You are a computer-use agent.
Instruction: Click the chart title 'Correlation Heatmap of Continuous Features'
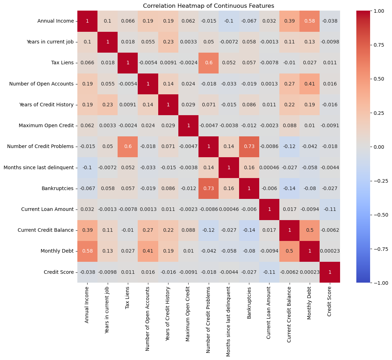pyautogui.click(x=208, y=6)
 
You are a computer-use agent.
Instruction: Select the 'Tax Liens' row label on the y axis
pyautogui.click(x=64, y=63)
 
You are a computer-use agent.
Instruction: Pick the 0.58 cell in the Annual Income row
pyautogui.click(x=310, y=21)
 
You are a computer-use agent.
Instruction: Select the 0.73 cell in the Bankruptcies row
pyautogui.click(x=209, y=188)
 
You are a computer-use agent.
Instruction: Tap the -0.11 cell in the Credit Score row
pyautogui.click(x=269, y=272)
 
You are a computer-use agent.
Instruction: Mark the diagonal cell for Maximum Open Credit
pyautogui.click(x=189, y=125)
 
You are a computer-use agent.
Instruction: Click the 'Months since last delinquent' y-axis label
pyautogui.click(x=39, y=167)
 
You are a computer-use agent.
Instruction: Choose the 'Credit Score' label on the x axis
pyautogui.click(x=330, y=301)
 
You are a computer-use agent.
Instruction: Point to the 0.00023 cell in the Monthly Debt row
pyautogui.click(x=330, y=251)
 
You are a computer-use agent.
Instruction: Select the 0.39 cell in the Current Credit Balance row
pyautogui.click(x=88, y=230)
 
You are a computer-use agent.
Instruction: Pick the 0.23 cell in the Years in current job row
pyautogui.click(x=168, y=42)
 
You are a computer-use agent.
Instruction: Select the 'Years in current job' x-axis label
pyautogui.click(x=108, y=311)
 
